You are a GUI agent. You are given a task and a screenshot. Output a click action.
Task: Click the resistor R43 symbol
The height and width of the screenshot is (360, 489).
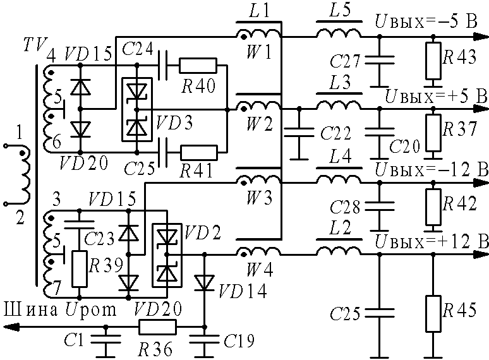[x=433, y=61]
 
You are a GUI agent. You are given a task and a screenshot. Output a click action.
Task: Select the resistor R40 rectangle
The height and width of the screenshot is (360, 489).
[x=198, y=66]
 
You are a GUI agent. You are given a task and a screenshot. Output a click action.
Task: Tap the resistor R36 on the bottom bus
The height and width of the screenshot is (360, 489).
[x=157, y=327]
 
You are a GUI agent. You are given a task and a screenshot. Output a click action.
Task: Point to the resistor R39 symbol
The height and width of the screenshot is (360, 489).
[x=79, y=268]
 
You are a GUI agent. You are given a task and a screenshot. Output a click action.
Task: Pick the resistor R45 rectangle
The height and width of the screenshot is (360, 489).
[x=433, y=313]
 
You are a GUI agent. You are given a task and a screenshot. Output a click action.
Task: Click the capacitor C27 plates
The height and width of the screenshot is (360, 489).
[x=379, y=60]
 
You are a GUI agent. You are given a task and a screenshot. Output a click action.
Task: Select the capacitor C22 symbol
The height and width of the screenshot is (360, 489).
[x=299, y=132]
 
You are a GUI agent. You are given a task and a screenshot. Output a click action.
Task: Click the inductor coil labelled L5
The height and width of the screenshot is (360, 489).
[x=339, y=33]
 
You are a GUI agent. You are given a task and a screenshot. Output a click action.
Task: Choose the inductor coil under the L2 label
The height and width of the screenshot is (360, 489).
[x=339, y=251]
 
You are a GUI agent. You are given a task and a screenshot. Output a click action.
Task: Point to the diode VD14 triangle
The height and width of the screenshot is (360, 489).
[x=204, y=283]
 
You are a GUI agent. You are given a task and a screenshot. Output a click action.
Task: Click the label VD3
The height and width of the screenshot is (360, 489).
[x=174, y=122]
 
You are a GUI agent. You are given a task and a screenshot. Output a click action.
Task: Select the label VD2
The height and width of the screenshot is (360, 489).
[x=202, y=232]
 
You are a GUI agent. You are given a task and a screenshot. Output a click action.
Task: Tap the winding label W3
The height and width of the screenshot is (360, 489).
[x=260, y=197]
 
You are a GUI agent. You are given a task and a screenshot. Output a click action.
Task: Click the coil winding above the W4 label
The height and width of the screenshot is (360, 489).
[x=259, y=251]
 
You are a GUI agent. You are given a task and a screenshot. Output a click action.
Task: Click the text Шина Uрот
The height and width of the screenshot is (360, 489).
[x=60, y=309]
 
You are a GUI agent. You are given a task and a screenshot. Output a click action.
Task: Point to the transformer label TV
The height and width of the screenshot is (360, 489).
[x=35, y=45]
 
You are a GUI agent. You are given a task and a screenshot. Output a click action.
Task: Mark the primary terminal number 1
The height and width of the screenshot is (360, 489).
[x=20, y=133]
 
